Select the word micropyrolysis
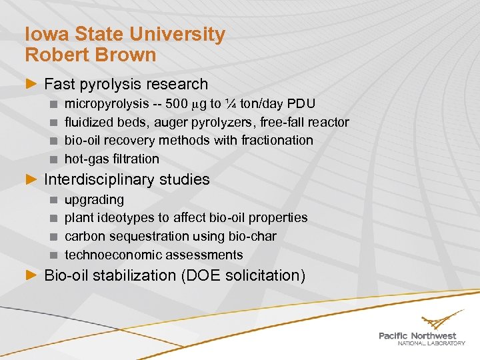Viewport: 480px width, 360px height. pos(106,104)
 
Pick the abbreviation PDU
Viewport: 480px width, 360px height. pos(301,104)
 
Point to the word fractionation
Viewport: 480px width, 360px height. pos(279,140)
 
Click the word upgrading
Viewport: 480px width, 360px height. pos(94,199)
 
